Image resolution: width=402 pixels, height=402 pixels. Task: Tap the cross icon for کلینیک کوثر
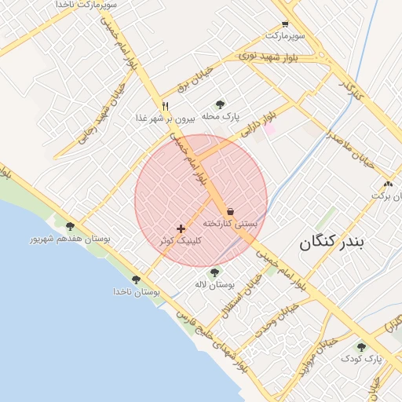pos(181,229)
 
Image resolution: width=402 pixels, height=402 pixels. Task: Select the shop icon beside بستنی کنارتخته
pos(231,211)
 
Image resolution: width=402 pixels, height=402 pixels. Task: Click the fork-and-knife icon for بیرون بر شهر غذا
pos(165,106)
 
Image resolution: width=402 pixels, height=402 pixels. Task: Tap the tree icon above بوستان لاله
pos(214,272)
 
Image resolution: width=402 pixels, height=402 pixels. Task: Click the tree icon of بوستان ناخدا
pos(137,280)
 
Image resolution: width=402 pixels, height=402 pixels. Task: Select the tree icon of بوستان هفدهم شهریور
pos(70,226)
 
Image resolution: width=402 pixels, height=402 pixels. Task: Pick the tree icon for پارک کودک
pos(361,346)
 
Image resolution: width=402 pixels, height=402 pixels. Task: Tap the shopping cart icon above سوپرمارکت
pos(284,24)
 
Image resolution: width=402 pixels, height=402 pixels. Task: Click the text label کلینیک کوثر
pos(181,241)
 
